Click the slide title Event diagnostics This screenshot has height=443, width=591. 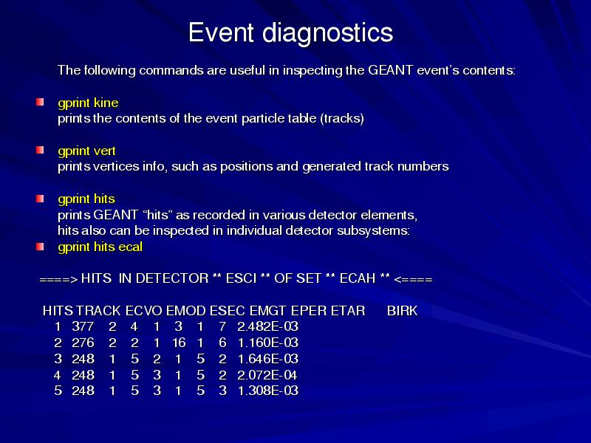(x=290, y=32)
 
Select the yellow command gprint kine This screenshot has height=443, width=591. (x=88, y=103)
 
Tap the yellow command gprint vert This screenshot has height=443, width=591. (x=86, y=151)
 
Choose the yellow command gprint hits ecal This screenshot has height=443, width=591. (x=100, y=247)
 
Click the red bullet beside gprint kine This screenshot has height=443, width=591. (x=40, y=102)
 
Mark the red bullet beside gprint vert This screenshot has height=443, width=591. (x=40, y=150)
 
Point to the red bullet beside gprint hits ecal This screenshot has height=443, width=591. (x=40, y=247)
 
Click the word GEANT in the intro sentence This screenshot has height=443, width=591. (x=391, y=70)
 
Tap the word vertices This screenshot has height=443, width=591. (x=116, y=167)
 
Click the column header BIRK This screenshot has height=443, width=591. (x=402, y=311)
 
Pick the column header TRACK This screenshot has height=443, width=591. (x=98, y=311)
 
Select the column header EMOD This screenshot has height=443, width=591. (x=186, y=311)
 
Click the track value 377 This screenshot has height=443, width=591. (x=83, y=326)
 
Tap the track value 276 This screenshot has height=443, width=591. (x=83, y=343)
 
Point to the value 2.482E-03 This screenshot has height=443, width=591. (x=268, y=326)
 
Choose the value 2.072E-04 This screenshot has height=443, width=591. (x=267, y=375)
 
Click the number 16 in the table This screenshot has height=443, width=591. (x=179, y=343)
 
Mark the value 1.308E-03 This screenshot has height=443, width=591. (x=268, y=391)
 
